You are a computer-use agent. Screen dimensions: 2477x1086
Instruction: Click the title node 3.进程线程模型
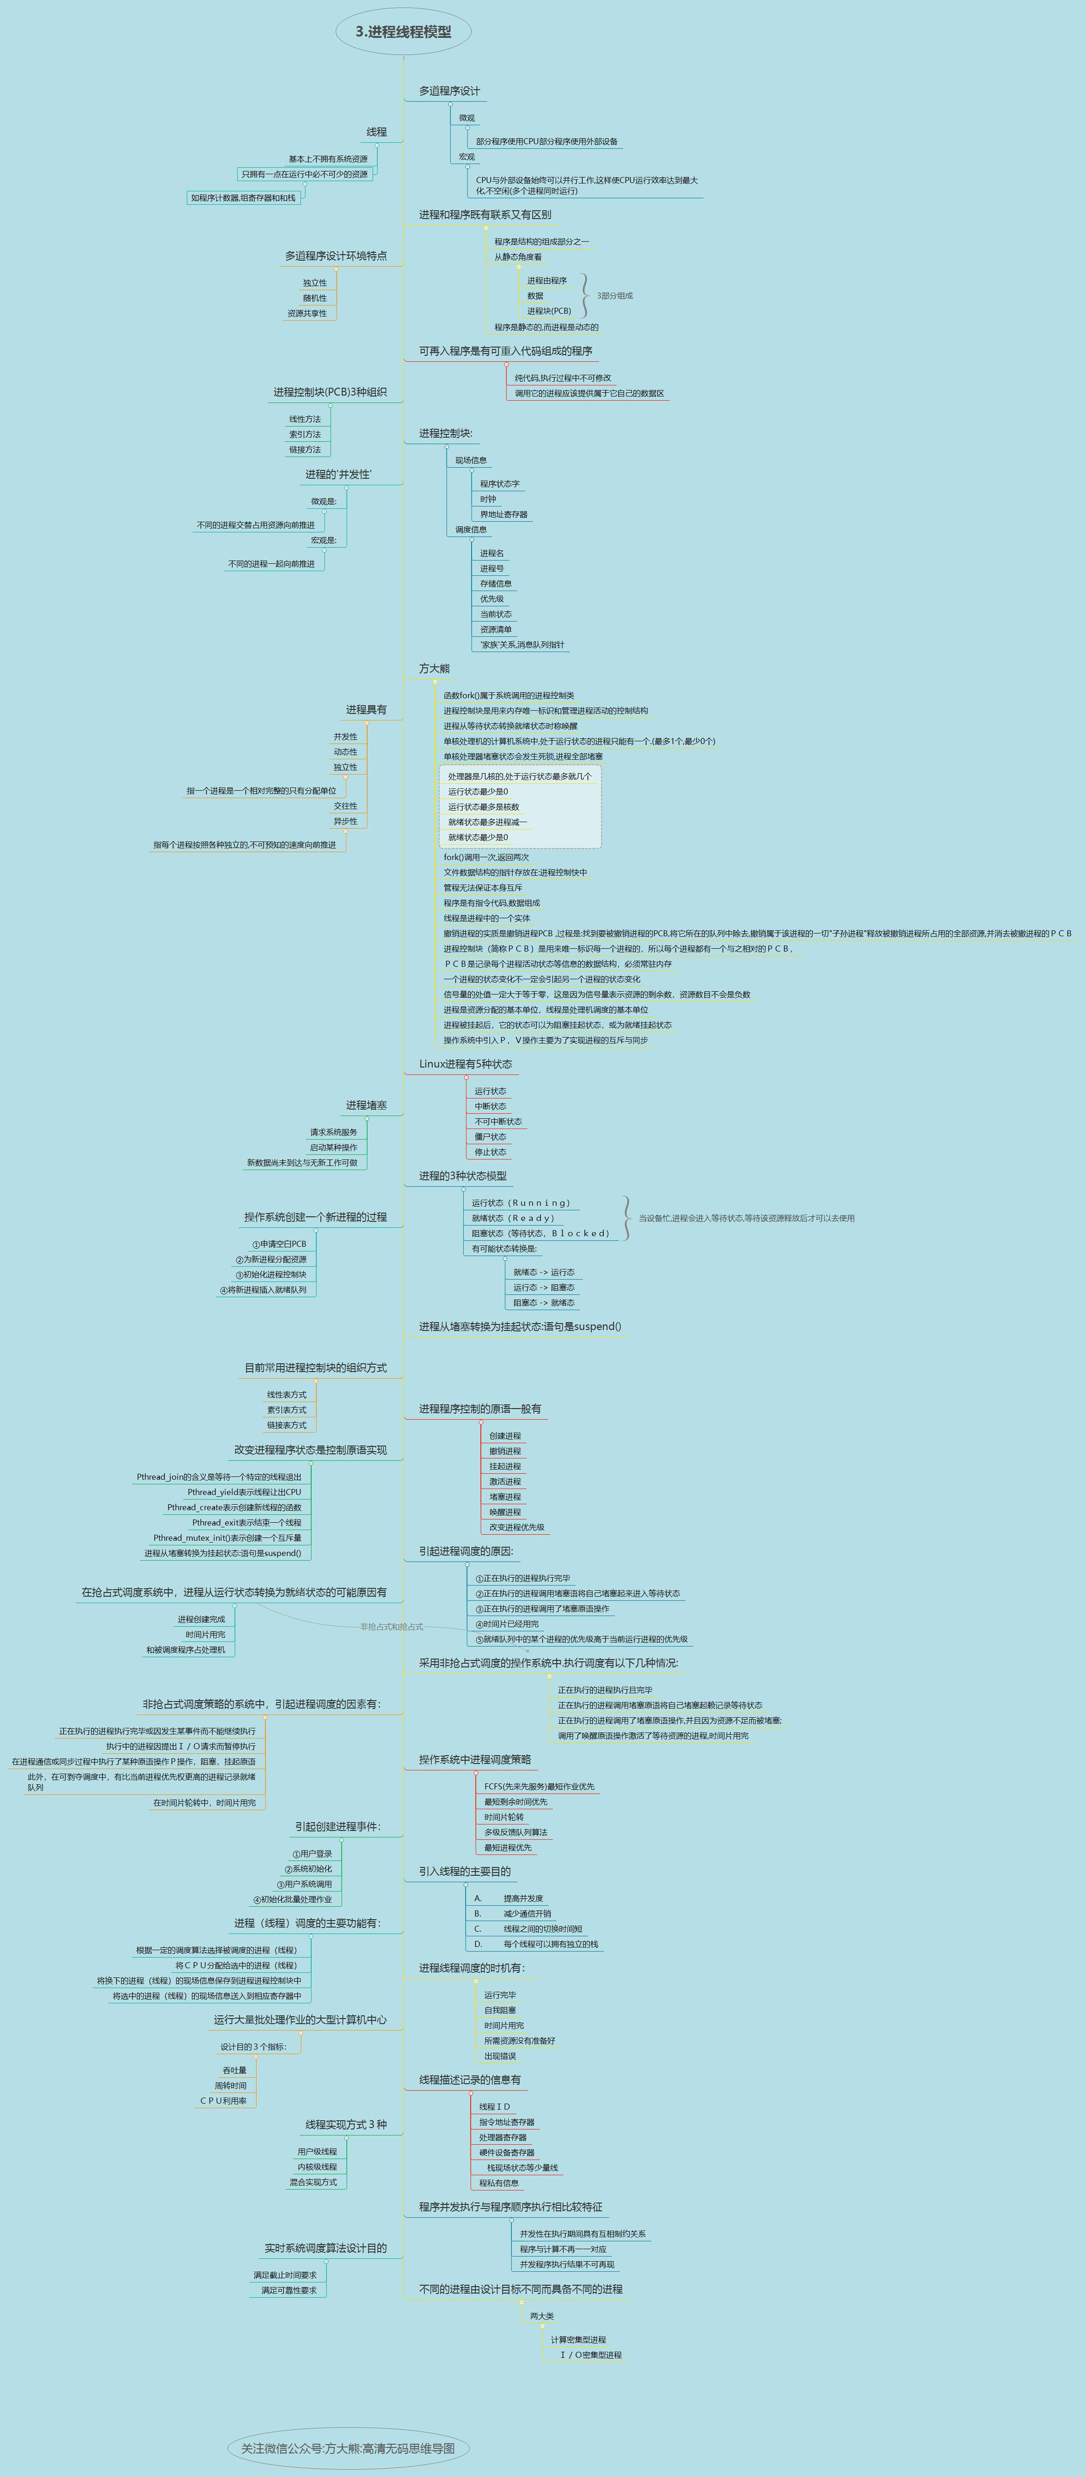tap(403, 32)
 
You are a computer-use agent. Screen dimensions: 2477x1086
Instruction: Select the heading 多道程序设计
tap(449, 92)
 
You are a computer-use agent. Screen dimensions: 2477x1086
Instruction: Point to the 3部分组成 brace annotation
tap(615, 296)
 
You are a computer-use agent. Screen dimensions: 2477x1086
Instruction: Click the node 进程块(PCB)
tap(548, 311)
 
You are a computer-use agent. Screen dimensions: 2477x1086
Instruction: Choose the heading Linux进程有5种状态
tap(466, 1063)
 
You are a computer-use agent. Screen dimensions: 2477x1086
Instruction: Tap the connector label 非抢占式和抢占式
tap(392, 1626)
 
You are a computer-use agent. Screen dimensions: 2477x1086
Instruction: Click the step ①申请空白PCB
tap(279, 1243)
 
